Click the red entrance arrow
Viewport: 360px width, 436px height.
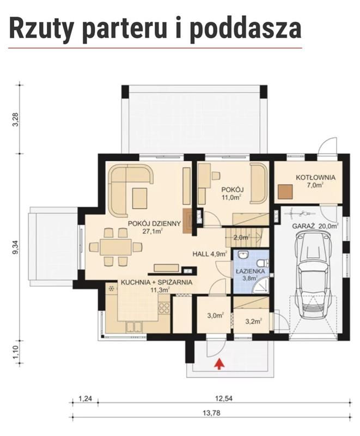coord(219,364)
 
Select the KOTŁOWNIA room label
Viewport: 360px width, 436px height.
coord(315,178)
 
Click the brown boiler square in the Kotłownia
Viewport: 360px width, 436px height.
coord(285,192)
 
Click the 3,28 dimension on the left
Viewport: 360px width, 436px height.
coord(16,119)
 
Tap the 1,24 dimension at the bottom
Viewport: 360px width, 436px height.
coord(86,398)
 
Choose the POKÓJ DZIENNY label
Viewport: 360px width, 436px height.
coord(155,223)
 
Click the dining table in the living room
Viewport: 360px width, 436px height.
coord(116,247)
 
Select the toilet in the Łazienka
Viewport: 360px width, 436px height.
coord(263,263)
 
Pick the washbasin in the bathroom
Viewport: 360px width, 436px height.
coord(243,255)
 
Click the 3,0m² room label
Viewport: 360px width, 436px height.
coord(216,316)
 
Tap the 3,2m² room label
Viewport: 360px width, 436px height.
coord(254,322)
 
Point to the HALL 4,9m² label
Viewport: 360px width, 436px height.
coord(210,253)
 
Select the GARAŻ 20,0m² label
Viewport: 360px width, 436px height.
coord(315,226)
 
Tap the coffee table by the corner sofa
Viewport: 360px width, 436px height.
coord(139,198)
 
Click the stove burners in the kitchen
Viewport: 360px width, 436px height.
coord(164,308)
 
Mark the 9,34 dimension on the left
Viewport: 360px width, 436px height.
coord(16,247)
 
